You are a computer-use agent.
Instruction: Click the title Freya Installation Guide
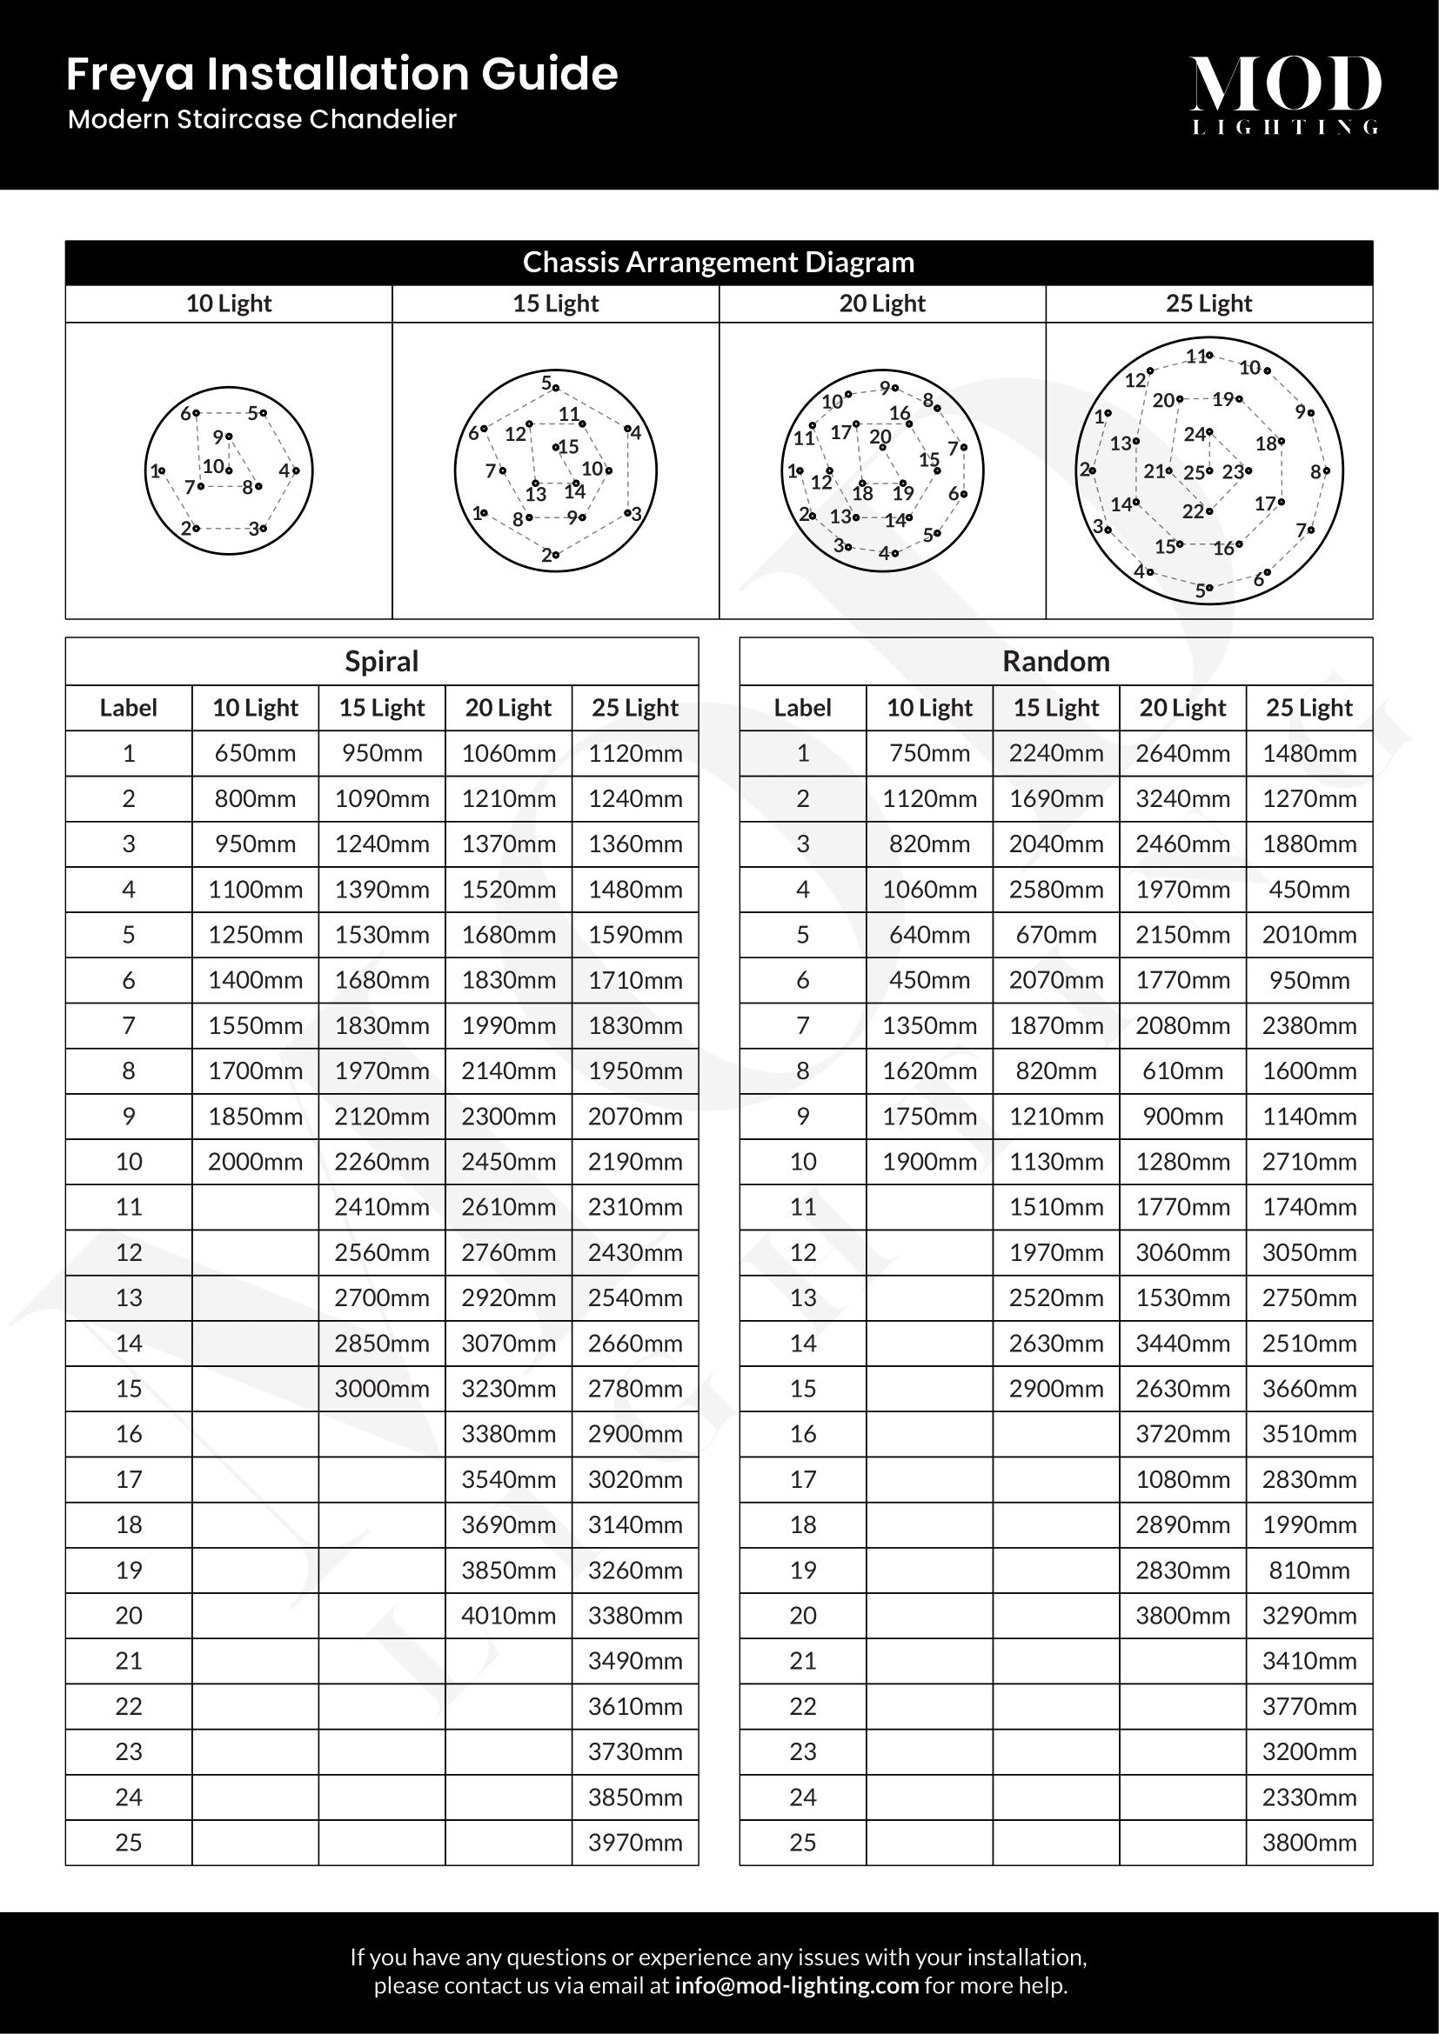pyautogui.click(x=342, y=74)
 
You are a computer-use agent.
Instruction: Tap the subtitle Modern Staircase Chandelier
pyautogui.click(x=262, y=120)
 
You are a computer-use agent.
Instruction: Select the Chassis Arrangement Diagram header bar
pyautogui.click(x=719, y=263)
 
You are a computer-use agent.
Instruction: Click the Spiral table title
pyautogui.click(x=381, y=661)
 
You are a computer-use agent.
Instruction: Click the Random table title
pyautogui.click(x=1055, y=661)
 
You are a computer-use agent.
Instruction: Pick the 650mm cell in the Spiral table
pyautogui.click(x=255, y=753)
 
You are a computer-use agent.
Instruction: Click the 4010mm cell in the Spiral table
pyautogui.click(x=509, y=1615)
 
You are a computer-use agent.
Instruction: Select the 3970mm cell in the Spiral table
pyautogui.click(x=635, y=1842)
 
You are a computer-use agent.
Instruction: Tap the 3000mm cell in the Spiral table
pyautogui.click(x=382, y=1388)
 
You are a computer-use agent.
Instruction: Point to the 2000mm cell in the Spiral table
pyautogui.click(x=255, y=1162)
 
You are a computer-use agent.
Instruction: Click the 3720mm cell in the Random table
pyautogui.click(x=1183, y=1433)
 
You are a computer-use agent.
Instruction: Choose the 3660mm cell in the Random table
pyautogui.click(x=1309, y=1388)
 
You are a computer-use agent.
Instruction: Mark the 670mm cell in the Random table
pyautogui.click(x=1056, y=935)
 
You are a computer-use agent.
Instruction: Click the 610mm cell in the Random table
pyautogui.click(x=1183, y=1070)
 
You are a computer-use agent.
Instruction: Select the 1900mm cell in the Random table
pyautogui.click(x=929, y=1162)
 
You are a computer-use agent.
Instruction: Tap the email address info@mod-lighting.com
pyautogui.click(x=797, y=1985)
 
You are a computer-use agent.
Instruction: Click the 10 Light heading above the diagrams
pyautogui.click(x=229, y=303)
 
